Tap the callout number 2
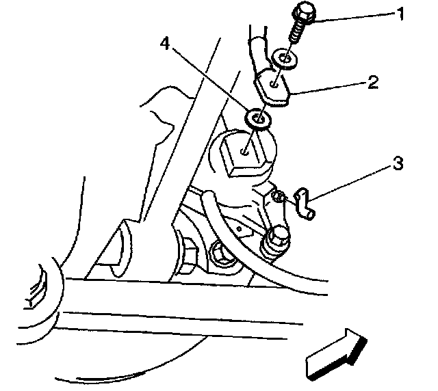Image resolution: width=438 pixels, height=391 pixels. coord(372,83)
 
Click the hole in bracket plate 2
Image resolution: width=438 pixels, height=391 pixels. coord(274,87)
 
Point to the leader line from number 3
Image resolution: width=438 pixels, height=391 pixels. coord(348,182)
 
